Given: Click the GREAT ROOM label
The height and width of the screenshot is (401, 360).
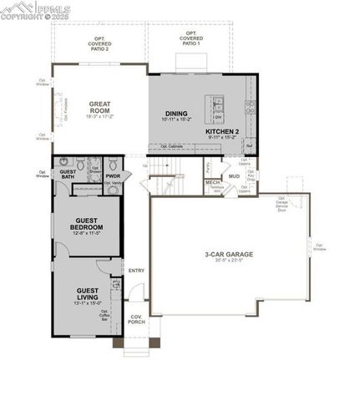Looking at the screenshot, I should click(x=100, y=107).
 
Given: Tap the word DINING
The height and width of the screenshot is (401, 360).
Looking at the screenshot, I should click(x=175, y=114).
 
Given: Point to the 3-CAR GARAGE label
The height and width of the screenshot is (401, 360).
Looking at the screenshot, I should click(x=228, y=254).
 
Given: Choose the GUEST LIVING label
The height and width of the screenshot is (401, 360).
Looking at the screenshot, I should click(x=88, y=292).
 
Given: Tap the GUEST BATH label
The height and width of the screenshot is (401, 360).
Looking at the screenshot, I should click(x=68, y=173).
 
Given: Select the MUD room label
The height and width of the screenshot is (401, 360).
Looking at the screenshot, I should click(x=235, y=176).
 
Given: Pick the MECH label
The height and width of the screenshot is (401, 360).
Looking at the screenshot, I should click(x=212, y=181).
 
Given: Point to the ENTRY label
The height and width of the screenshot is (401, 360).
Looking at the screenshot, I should click(x=136, y=271).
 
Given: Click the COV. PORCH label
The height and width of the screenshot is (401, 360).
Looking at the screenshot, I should click(x=136, y=320).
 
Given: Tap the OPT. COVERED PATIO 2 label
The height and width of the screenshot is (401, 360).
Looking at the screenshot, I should click(x=99, y=43).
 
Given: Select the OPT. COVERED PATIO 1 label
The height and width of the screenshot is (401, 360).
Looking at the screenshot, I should click(x=191, y=38).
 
